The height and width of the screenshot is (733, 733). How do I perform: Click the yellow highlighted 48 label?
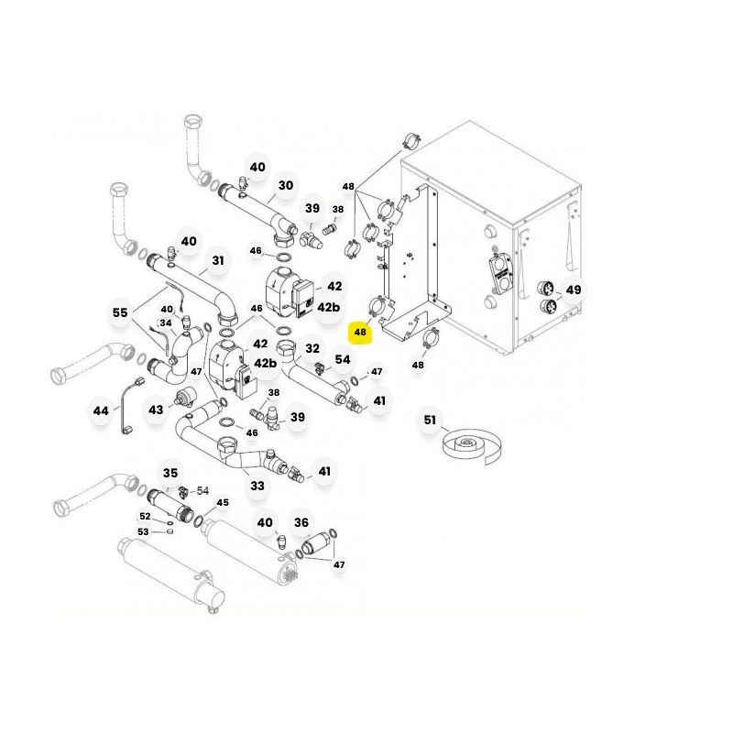(x=360, y=333)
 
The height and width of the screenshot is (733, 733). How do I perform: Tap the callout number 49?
(x=574, y=290)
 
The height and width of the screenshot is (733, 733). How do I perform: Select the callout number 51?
(x=430, y=421)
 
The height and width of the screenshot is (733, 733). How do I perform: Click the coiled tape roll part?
(x=471, y=445)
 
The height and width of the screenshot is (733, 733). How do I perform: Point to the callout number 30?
(x=286, y=186)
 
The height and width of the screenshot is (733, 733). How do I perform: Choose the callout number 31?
(x=218, y=260)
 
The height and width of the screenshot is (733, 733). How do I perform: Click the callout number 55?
(x=120, y=312)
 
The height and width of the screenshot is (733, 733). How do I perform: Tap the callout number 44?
(x=101, y=410)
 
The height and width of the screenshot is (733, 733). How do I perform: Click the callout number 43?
(x=156, y=410)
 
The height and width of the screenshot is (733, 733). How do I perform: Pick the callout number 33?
(x=257, y=487)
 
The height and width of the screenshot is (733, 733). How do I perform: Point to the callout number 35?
(x=170, y=473)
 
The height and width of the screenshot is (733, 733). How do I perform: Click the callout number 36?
(x=301, y=522)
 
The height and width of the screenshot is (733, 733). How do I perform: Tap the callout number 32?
(x=312, y=348)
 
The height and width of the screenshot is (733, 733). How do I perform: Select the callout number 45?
(x=223, y=502)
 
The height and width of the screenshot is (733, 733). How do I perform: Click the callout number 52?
(x=145, y=516)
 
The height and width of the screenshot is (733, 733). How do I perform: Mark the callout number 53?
(x=143, y=532)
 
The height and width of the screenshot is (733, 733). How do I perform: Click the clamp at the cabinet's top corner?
(x=411, y=139)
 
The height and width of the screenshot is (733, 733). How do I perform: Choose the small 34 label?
(x=166, y=323)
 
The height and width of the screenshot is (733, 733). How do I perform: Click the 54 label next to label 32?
(x=342, y=359)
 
